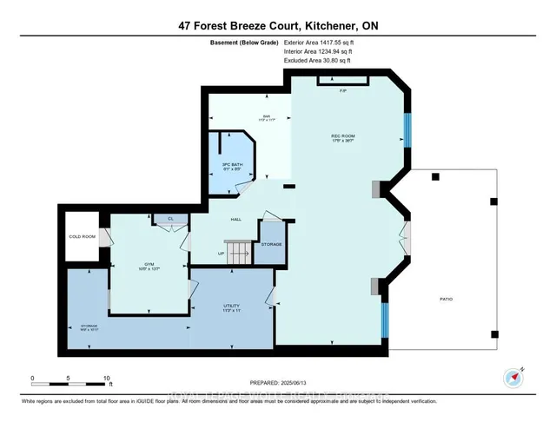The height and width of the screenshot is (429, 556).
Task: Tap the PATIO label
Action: [x=445, y=299]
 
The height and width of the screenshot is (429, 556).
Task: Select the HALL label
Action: [x=235, y=220]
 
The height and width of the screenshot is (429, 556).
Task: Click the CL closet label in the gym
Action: [x=170, y=218]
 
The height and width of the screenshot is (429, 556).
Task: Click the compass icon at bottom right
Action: [x=513, y=377]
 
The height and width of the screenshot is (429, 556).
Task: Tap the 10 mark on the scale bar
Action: [x=107, y=379]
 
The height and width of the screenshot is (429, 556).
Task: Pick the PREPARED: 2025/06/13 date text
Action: [x=278, y=382]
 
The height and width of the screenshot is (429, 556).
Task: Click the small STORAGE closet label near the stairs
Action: [x=271, y=245]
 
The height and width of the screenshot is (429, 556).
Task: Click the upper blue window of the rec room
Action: [x=404, y=130]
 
